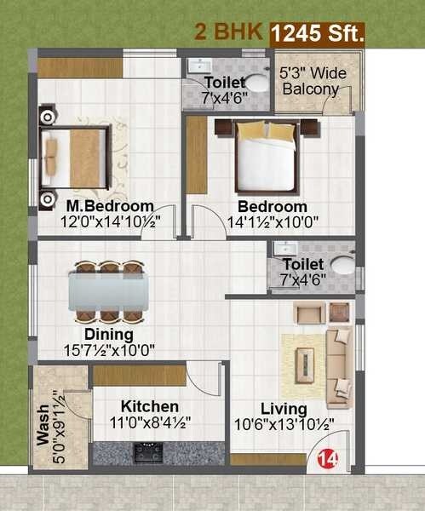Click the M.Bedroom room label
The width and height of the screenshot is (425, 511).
coord(110,206)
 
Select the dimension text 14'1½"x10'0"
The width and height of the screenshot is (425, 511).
coord(272,222)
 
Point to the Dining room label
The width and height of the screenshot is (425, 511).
coord(108,334)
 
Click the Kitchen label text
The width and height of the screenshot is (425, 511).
coord(149,406)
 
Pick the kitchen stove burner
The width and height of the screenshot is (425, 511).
coord(149,452)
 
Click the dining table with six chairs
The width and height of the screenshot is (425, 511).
coord(108,290)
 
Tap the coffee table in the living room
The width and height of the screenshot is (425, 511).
coord(303,357)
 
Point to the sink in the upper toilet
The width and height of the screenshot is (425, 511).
coord(198,66)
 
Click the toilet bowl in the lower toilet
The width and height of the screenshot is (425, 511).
coord(342,264)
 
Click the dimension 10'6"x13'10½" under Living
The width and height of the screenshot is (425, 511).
coord(284,422)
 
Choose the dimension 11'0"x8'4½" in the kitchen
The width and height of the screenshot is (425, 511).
coord(149,422)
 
